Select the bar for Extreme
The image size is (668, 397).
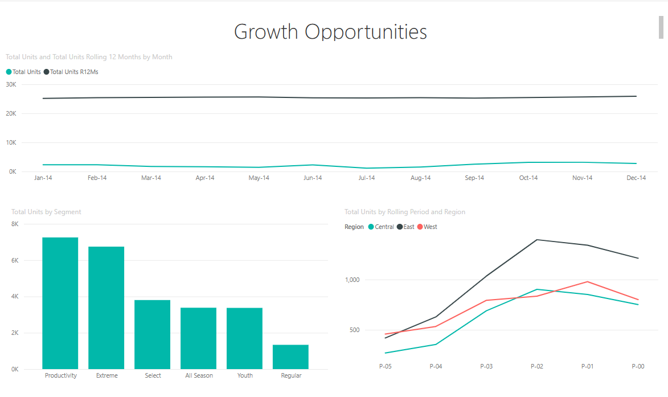click(106, 308)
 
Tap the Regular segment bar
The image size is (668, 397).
click(290, 357)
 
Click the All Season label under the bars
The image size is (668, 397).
click(199, 376)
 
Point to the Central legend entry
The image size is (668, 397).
click(381, 227)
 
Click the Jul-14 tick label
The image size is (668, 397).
click(367, 178)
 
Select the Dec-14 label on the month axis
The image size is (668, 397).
click(636, 178)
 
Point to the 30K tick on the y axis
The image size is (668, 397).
click(11, 85)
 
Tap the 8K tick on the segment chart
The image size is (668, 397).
click(15, 224)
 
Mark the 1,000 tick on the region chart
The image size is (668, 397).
click(354, 280)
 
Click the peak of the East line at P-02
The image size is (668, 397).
click(537, 240)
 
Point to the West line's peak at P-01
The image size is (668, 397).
click(587, 281)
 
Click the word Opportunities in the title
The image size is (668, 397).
click(366, 32)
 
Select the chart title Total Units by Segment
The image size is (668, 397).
click(46, 212)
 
